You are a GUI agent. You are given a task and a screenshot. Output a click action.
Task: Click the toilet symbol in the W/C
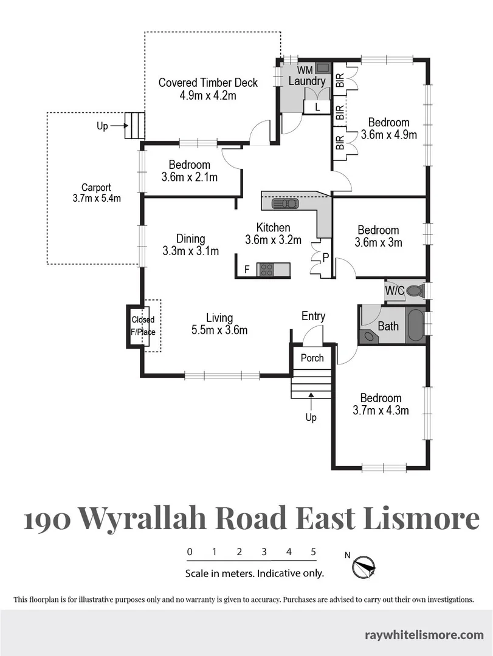pos(415,290)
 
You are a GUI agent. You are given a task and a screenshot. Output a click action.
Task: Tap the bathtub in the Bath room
pos(416,326)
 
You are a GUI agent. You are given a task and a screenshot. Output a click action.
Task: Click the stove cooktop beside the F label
pos(266,270)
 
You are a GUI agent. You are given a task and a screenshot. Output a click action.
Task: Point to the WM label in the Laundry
pos(305,69)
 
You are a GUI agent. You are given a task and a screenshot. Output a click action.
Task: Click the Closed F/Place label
pos(143,326)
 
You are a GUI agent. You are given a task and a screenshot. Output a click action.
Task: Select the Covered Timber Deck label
pos(208,89)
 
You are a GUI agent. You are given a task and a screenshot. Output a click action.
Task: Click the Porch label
pos(312,358)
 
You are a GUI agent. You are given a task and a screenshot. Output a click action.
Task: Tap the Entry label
pos(313,316)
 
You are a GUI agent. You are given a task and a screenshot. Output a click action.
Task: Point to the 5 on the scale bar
pos(313,552)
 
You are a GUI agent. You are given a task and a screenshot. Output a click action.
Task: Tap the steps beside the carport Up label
pos(136,126)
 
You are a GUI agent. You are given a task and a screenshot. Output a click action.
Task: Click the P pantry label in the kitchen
pos(326,257)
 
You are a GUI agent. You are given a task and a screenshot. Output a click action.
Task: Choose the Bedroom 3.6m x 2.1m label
pos(189,171)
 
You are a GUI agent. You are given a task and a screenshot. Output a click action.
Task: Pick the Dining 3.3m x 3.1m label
pos(190,244)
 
